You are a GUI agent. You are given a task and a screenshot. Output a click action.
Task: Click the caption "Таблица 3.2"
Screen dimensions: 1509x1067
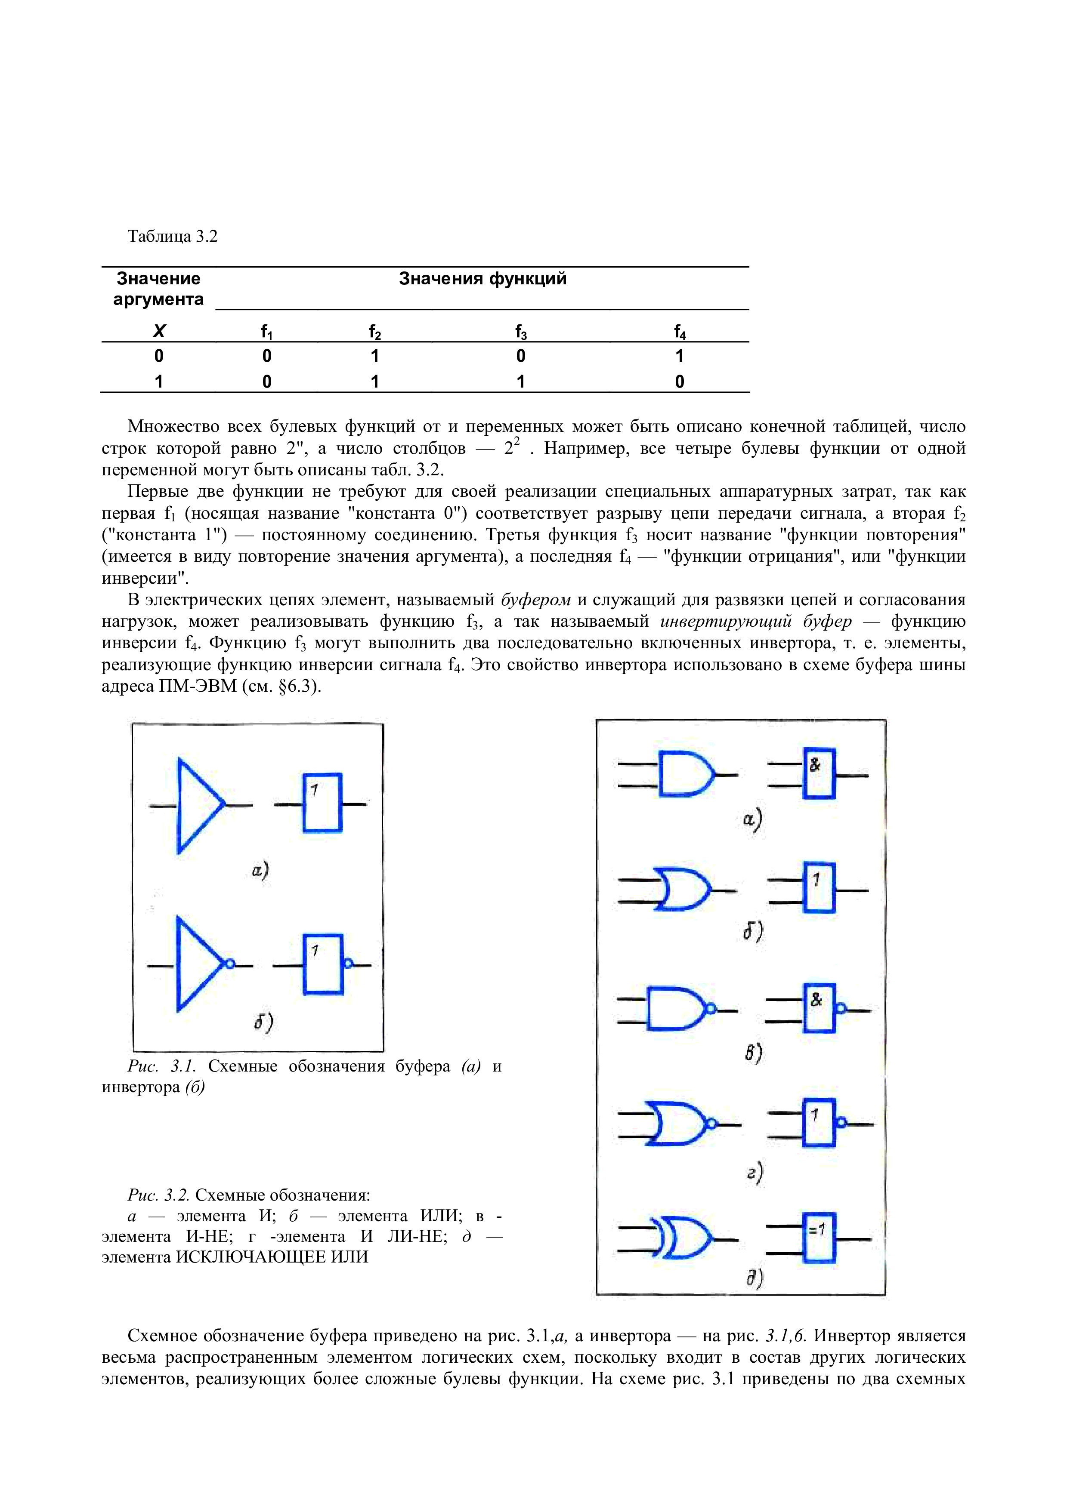pyautogui.click(x=172, y=237)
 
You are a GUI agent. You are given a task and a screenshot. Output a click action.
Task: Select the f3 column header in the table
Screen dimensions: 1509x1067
pyautogui.click(x=521, y=332)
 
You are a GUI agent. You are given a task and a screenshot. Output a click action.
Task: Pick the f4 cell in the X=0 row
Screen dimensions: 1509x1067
pyautogui.click(x=680, y=356)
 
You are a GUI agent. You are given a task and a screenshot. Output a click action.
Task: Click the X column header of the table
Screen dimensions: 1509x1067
pyautogui.click(x=158, y=331)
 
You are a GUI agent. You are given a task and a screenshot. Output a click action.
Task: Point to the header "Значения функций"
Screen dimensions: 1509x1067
pyautogui.click(x=482, y=279)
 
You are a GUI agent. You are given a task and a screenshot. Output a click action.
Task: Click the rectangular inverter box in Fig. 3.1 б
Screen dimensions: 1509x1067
pyautogui.click(x=322, y=964)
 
